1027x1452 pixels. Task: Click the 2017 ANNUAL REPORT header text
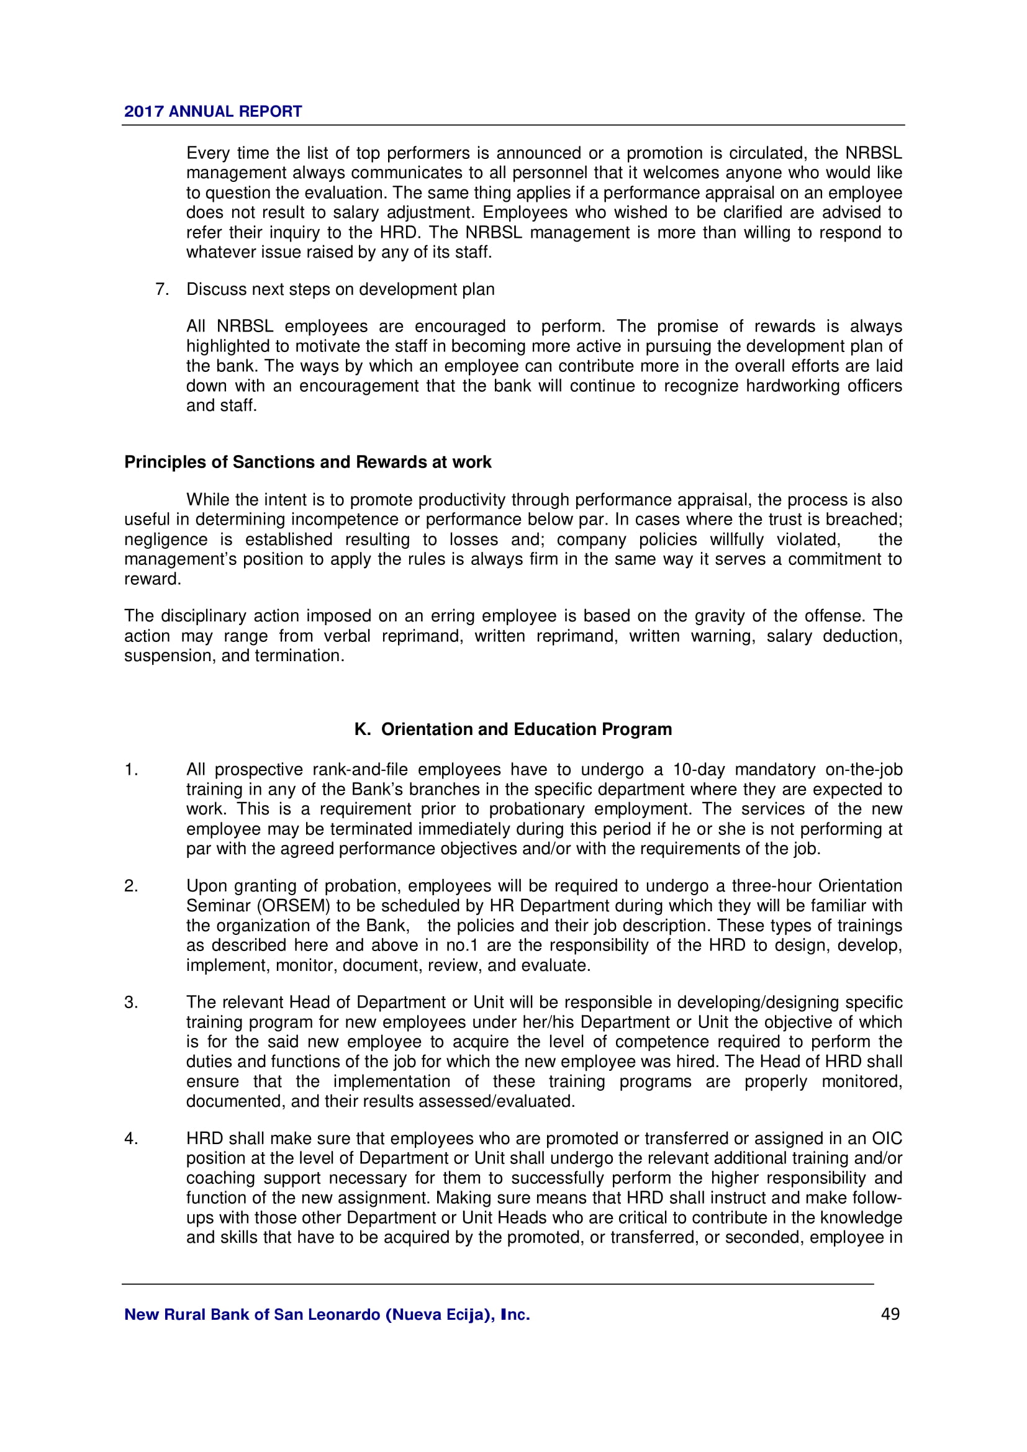(x=212, y=111)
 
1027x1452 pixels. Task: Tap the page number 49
(x=890, y=1314)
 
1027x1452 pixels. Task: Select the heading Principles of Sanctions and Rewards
(x=307, y=462)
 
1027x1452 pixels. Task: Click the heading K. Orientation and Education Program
(x=513, y=729)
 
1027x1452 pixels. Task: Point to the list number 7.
(x=162, y=289)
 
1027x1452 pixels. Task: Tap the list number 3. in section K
(x=131, y=1003)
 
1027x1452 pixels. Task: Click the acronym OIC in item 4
(x=887, y=1139)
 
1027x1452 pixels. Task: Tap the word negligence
(x=166, y=539)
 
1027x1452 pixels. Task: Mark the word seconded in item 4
(x=762, y=1237)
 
